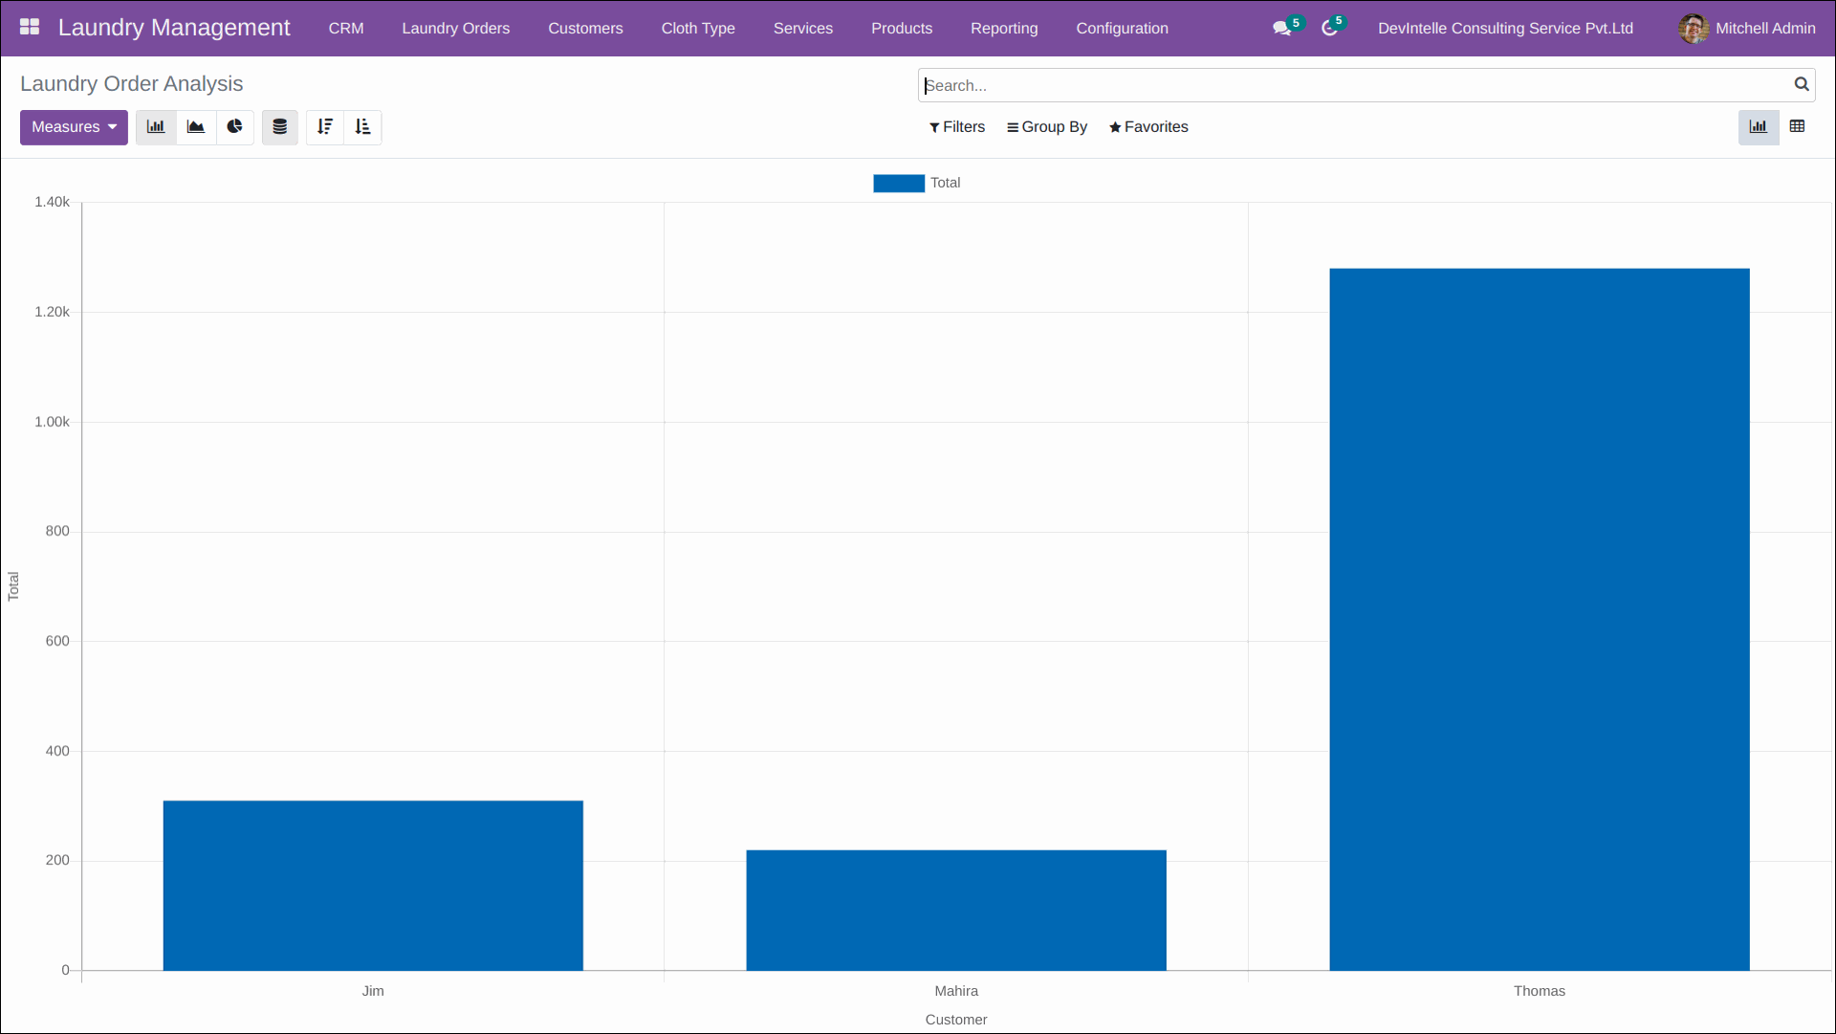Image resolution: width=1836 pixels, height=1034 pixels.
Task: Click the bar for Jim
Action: coord(373,885)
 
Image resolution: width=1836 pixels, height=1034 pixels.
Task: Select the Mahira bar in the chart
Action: coord(956,910)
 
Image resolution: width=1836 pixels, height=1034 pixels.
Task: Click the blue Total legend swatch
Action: coord(898,183)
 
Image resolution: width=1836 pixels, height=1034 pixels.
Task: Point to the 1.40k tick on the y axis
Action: coord(52,202)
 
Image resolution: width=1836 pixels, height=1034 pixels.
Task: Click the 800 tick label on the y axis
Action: coord(57,531)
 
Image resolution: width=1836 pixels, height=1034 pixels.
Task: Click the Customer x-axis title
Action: coord(955,1020)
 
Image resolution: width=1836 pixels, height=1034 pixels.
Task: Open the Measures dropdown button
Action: coord(74,127)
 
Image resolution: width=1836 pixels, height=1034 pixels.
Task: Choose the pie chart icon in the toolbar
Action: coord(234,127)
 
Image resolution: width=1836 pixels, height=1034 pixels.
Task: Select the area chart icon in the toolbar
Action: coord(196,127)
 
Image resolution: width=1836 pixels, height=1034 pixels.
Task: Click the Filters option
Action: coord(956,127)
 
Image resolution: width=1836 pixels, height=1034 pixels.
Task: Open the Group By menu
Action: coord(1046,127)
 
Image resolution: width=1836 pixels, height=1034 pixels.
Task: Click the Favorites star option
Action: coord(1147,127)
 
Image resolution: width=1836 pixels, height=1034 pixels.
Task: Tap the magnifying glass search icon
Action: coord(1801,84)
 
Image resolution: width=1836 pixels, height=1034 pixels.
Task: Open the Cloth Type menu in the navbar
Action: coord(698,29)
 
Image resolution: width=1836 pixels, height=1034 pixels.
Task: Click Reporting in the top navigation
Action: coord(1003,29)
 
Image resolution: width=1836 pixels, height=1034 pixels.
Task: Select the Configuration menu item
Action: coord(1122,29)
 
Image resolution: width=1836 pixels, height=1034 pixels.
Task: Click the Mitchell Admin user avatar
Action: coord(1693,29)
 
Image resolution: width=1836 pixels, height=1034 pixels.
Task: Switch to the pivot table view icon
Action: coord(1797,126)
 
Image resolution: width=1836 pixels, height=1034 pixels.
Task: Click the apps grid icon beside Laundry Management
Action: coord(30,27)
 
